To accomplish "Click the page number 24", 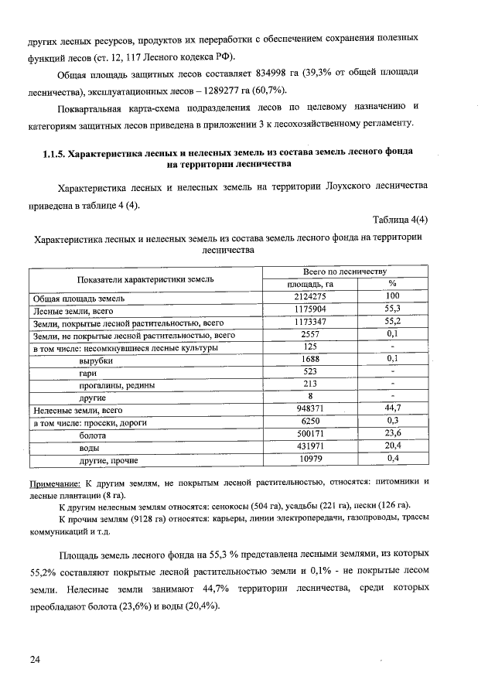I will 35,659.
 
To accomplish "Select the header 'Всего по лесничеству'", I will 344,271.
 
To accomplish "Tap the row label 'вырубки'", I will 96,360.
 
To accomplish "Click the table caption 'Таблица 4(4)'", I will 400,219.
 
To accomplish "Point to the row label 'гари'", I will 88,372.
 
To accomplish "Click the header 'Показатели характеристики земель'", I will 145,278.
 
